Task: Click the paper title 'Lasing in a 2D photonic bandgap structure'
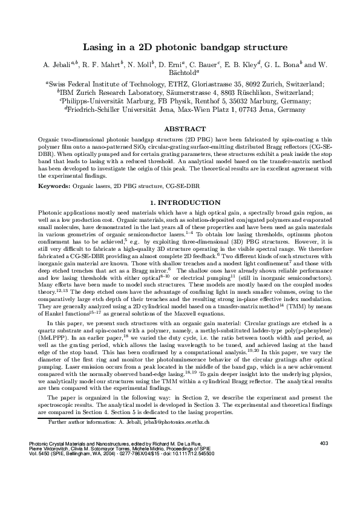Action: click(180, 46)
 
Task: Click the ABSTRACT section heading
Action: click(180, 129)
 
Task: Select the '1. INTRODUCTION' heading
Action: click(180, 203)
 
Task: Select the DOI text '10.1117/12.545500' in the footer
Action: click(194, 487)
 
